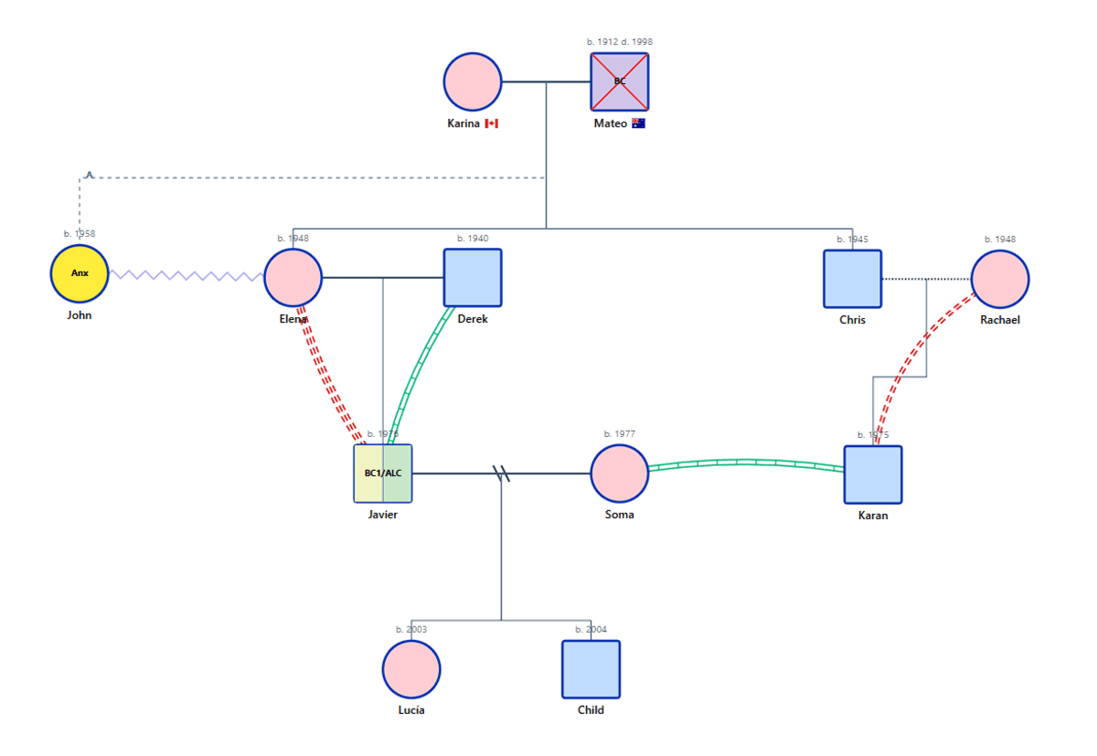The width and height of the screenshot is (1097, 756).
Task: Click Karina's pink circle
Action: tap(473, 82)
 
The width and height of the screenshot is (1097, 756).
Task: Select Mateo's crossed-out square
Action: tap(620, 82)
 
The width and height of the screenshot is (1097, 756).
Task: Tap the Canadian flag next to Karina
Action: tap(492, 123)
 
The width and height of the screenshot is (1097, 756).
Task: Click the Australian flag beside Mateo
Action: tap(638, 123)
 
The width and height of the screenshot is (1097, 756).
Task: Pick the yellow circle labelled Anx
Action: tap(80, 273)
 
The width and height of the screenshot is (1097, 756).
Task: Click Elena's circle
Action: tap(293, 278)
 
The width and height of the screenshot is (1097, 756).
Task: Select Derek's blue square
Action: tap(473, 278)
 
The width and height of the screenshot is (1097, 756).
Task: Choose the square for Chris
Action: tap(852, 279)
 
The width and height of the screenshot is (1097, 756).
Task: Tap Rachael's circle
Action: tap(1000, 279)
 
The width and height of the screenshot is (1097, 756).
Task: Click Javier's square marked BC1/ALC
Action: tap(383, 474)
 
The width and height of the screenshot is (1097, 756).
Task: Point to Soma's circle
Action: tap(620, 474)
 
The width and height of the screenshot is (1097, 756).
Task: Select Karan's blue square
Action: tap(873, 474)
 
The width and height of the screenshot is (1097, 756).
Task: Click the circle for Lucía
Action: tap(411, 669)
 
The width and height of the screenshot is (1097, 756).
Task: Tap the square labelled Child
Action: tap(591, 669)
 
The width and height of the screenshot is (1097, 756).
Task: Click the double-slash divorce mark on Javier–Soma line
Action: tap(501, 474)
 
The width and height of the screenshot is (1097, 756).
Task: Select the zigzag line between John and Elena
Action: tap(186, 275)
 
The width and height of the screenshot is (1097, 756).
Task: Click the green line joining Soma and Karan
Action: tap(745, 463)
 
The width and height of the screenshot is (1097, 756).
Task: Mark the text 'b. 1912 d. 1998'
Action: tap(620, 42)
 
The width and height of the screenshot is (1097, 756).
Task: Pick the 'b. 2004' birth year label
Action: tap(591, 630)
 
